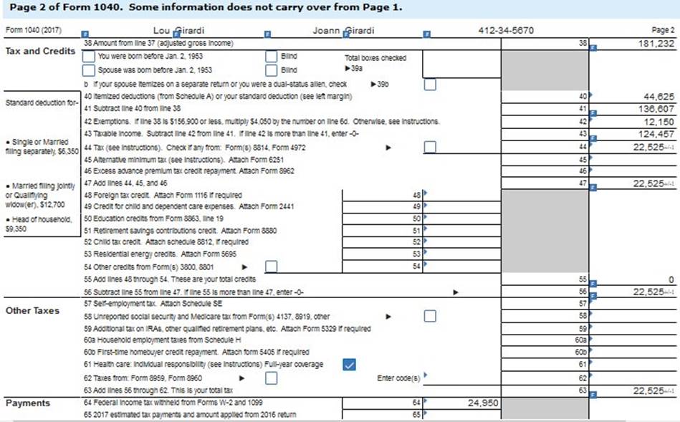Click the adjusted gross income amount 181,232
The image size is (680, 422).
tap(656, 44)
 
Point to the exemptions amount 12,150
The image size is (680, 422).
tap(660, 120)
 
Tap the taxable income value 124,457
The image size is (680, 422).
tap(656, 133)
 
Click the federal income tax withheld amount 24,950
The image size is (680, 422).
tap(482, 403)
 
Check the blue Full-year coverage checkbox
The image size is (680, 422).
tap(349, 364)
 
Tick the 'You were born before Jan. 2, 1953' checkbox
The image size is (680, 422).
tap(87, 57)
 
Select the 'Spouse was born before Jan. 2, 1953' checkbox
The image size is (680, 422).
tap(87, 70)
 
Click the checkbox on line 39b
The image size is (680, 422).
tap(430, 84)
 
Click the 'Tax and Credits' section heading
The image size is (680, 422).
tap(39, 51)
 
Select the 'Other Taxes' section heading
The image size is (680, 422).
tap(32, 310)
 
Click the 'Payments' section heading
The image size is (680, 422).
tap(29, 403)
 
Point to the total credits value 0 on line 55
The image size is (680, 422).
tap(671, 278)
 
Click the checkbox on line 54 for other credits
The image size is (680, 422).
tap(271, 267)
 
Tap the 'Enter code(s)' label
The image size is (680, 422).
tap(399, 377)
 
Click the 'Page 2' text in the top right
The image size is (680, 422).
tap(663, 31)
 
